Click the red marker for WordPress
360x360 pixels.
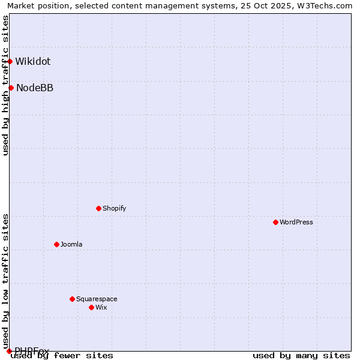[x=275, y=222]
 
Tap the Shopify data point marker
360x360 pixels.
[x=98, y=208]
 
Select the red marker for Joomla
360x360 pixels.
[x=56, y=244]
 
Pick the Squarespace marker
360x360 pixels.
[x=72, y=299]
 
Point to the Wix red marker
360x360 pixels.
[x=91, y=307]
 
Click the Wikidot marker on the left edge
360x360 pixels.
[x=10, y=61]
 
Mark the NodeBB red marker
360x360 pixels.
[x=11, y=88]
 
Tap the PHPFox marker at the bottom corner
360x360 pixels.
[x=9, y=350]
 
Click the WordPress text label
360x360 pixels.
[x=296, y=222]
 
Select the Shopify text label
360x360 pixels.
[x=115, y=208]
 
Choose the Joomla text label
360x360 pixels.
[x=71, y=244]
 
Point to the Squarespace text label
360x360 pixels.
[x=97, y=299]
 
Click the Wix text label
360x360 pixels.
[x=101, y=307]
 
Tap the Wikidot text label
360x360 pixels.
[x=33, y=61]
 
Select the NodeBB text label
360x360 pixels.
[x=35, y=88]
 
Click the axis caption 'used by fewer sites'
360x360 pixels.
[x=62, y=356]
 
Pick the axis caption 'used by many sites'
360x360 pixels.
[x=301, y=356]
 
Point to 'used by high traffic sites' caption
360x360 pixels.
[x=5, y=85]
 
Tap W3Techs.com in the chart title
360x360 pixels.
[x=322, y=5]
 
